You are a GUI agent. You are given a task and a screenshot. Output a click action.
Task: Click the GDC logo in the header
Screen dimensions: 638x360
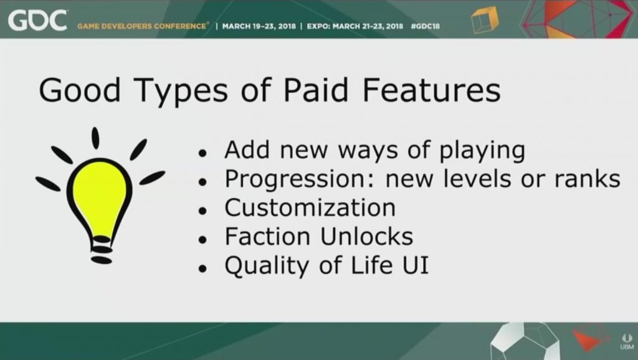(37, 21)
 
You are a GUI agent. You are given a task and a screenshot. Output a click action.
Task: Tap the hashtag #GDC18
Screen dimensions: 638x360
(425, 26)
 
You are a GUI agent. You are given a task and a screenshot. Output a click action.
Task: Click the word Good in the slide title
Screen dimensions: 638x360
(80, 90)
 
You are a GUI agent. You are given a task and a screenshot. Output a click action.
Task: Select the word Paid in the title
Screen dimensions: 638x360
(316, 90)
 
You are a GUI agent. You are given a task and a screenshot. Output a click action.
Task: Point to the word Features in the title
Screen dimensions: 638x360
(431, 90)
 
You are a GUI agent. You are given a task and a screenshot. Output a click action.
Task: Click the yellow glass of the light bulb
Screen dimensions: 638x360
(100, 197)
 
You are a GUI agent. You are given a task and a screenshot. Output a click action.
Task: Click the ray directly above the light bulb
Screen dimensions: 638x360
(95, 138)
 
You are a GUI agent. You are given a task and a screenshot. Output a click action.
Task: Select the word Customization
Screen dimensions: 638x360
(310, 208)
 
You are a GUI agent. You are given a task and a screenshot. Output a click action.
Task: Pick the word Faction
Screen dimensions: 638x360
(268, 236)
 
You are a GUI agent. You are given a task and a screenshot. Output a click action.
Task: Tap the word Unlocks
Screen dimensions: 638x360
(366, 236)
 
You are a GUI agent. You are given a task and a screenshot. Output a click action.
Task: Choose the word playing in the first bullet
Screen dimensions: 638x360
(482, 151)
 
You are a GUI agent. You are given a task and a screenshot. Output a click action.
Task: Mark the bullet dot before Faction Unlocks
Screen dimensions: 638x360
(202, 240)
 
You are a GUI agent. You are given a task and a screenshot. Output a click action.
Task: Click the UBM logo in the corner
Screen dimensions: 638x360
(627, 341)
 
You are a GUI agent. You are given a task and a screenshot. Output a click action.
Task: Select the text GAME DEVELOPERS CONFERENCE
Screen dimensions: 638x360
(142, 26)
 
